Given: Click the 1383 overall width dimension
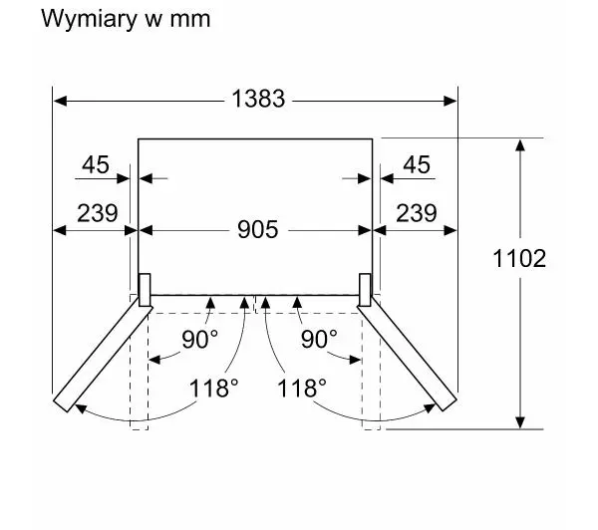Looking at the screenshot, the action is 258,99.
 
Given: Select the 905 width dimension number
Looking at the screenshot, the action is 258,229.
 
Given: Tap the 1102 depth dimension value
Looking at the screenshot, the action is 519,258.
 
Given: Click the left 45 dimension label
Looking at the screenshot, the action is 96,164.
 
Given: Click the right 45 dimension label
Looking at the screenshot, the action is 417,164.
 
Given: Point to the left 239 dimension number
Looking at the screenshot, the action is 98,213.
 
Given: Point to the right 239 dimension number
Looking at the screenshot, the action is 416,213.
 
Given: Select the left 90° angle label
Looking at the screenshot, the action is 199,339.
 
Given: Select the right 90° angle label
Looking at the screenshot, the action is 319,339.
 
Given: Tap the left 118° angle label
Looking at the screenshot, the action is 213,389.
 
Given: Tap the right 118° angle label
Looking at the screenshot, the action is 302,389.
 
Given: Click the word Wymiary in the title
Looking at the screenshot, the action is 89,19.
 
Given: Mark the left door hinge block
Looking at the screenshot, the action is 145,290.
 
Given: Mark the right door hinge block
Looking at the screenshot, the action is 365,290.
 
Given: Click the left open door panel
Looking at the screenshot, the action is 103,355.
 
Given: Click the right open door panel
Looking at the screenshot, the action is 407,355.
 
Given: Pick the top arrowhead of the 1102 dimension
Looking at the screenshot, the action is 520,145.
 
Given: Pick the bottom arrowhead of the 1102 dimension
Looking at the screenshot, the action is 520,422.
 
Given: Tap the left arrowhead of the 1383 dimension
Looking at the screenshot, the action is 60,101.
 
